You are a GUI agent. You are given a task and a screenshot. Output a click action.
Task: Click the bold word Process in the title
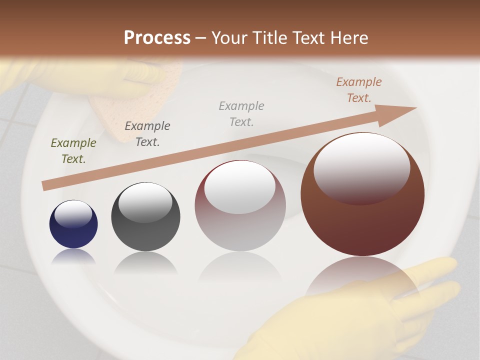(157, 37)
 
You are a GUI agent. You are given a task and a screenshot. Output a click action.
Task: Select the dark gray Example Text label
(147, 133)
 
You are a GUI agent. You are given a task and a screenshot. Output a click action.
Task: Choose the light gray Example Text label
(241, 113)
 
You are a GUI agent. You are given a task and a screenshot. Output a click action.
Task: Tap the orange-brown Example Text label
(359, 90)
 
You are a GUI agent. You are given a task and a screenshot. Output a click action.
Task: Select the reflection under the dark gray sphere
(145, 262)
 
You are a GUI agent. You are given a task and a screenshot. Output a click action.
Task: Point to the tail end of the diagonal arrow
(46, 185)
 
